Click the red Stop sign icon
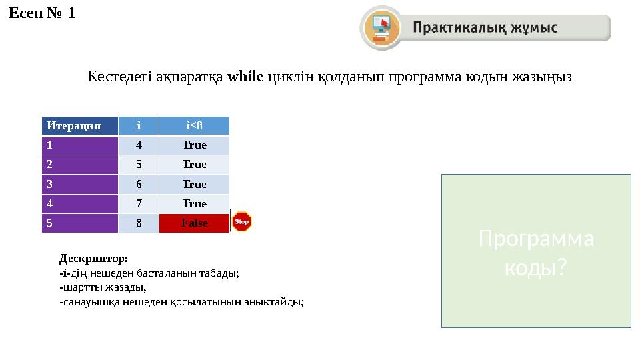tap(241, 221)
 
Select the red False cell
tap(194, 223)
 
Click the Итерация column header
tap(79, 125)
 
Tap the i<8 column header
tap(194, 125)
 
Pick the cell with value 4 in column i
tap(139, 145)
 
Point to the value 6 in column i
tap(139, 184)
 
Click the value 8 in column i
tap(139, 223)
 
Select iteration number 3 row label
tap(79, 184)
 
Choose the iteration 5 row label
tap(79, 223)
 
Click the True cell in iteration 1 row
tap(194, 145)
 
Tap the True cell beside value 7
tap(194, 203)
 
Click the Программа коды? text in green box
tap(536, 253)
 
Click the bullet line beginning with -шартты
tap(103, 287)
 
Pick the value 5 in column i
tap(139, 164)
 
